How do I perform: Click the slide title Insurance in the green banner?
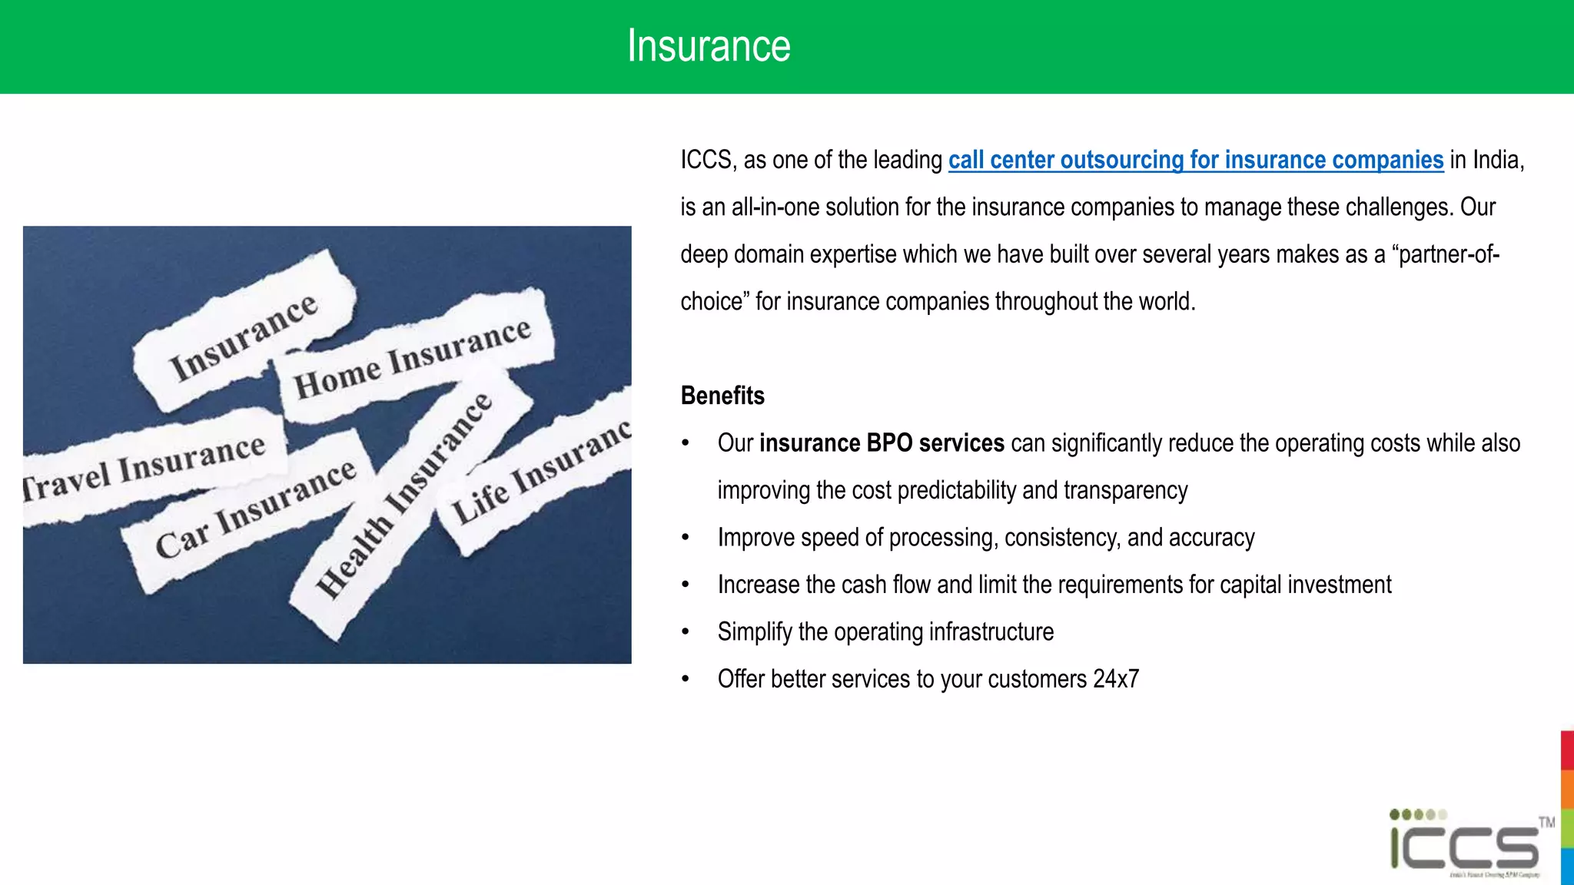(708, 46)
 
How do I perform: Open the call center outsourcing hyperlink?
(1195, 160)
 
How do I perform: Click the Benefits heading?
(722, 396)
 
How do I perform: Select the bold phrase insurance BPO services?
(881, 443)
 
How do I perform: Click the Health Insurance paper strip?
(403, 496)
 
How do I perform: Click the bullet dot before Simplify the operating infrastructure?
(686, 632)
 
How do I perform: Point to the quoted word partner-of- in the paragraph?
(1446, 254)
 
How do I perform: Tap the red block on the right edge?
(1567, 750)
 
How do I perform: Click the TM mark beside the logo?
(1546, 823)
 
